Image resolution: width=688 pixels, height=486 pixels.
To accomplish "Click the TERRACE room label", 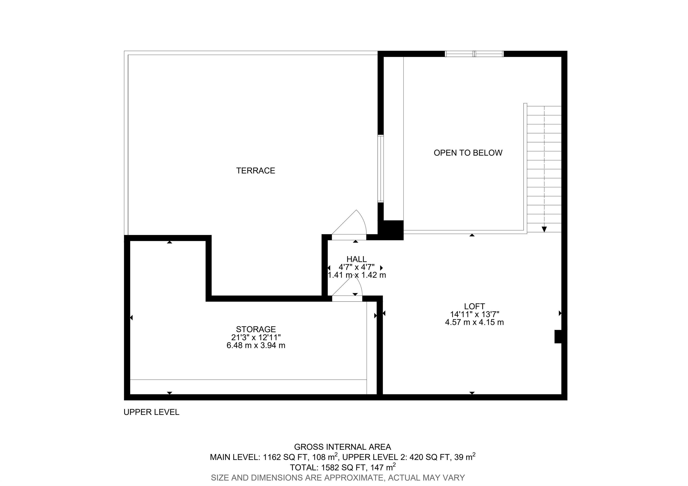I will [255, 171].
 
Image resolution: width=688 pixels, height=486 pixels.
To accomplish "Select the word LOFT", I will [474, 306].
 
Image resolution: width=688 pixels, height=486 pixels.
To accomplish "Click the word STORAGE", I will [256, 329].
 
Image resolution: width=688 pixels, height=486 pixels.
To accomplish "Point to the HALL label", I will [356, 259].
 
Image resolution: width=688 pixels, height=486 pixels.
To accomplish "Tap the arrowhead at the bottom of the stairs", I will [544, 229].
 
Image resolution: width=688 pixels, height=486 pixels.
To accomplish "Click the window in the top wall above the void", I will [474, 54].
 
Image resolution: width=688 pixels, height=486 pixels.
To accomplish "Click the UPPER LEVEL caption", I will [151, 412].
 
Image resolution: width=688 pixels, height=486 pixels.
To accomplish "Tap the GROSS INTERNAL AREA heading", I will [342, 447].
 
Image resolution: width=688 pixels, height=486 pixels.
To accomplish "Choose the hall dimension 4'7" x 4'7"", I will [356, 267].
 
